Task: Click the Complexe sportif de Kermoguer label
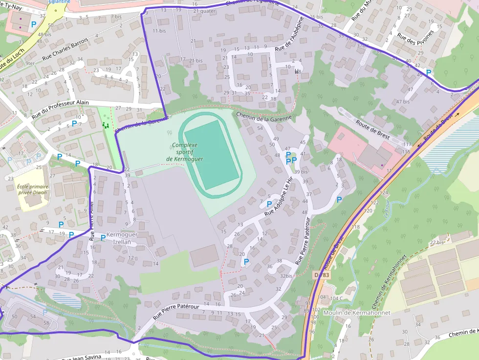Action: [184, 152]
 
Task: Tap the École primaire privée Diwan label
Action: [33, 190]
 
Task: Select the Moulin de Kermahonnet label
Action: [357, 312]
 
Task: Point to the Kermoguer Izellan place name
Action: [122, 238]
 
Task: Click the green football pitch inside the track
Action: [212, 154]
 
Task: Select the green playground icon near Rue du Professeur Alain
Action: [105, 126]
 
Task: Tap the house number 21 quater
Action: [204, 10]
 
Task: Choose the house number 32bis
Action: [286, 276]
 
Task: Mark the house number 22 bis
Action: [436, 242]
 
